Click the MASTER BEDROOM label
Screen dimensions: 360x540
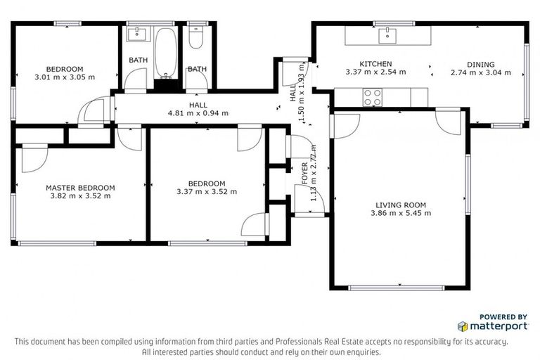(x=80, y=188)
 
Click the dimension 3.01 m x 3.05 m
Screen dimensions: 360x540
(x=65, y=77)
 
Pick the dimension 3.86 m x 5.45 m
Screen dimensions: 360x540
(x=401, y=213)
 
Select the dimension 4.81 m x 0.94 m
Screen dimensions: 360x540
(x=198, y=112)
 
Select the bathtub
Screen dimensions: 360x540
(x=167, y=52)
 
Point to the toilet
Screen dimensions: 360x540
(x=196, y=39)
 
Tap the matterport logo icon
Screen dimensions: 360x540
(x=463, y=326)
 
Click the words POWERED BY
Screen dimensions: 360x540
(x=503, y=317)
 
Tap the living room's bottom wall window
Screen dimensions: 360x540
(x=396, y=288)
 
